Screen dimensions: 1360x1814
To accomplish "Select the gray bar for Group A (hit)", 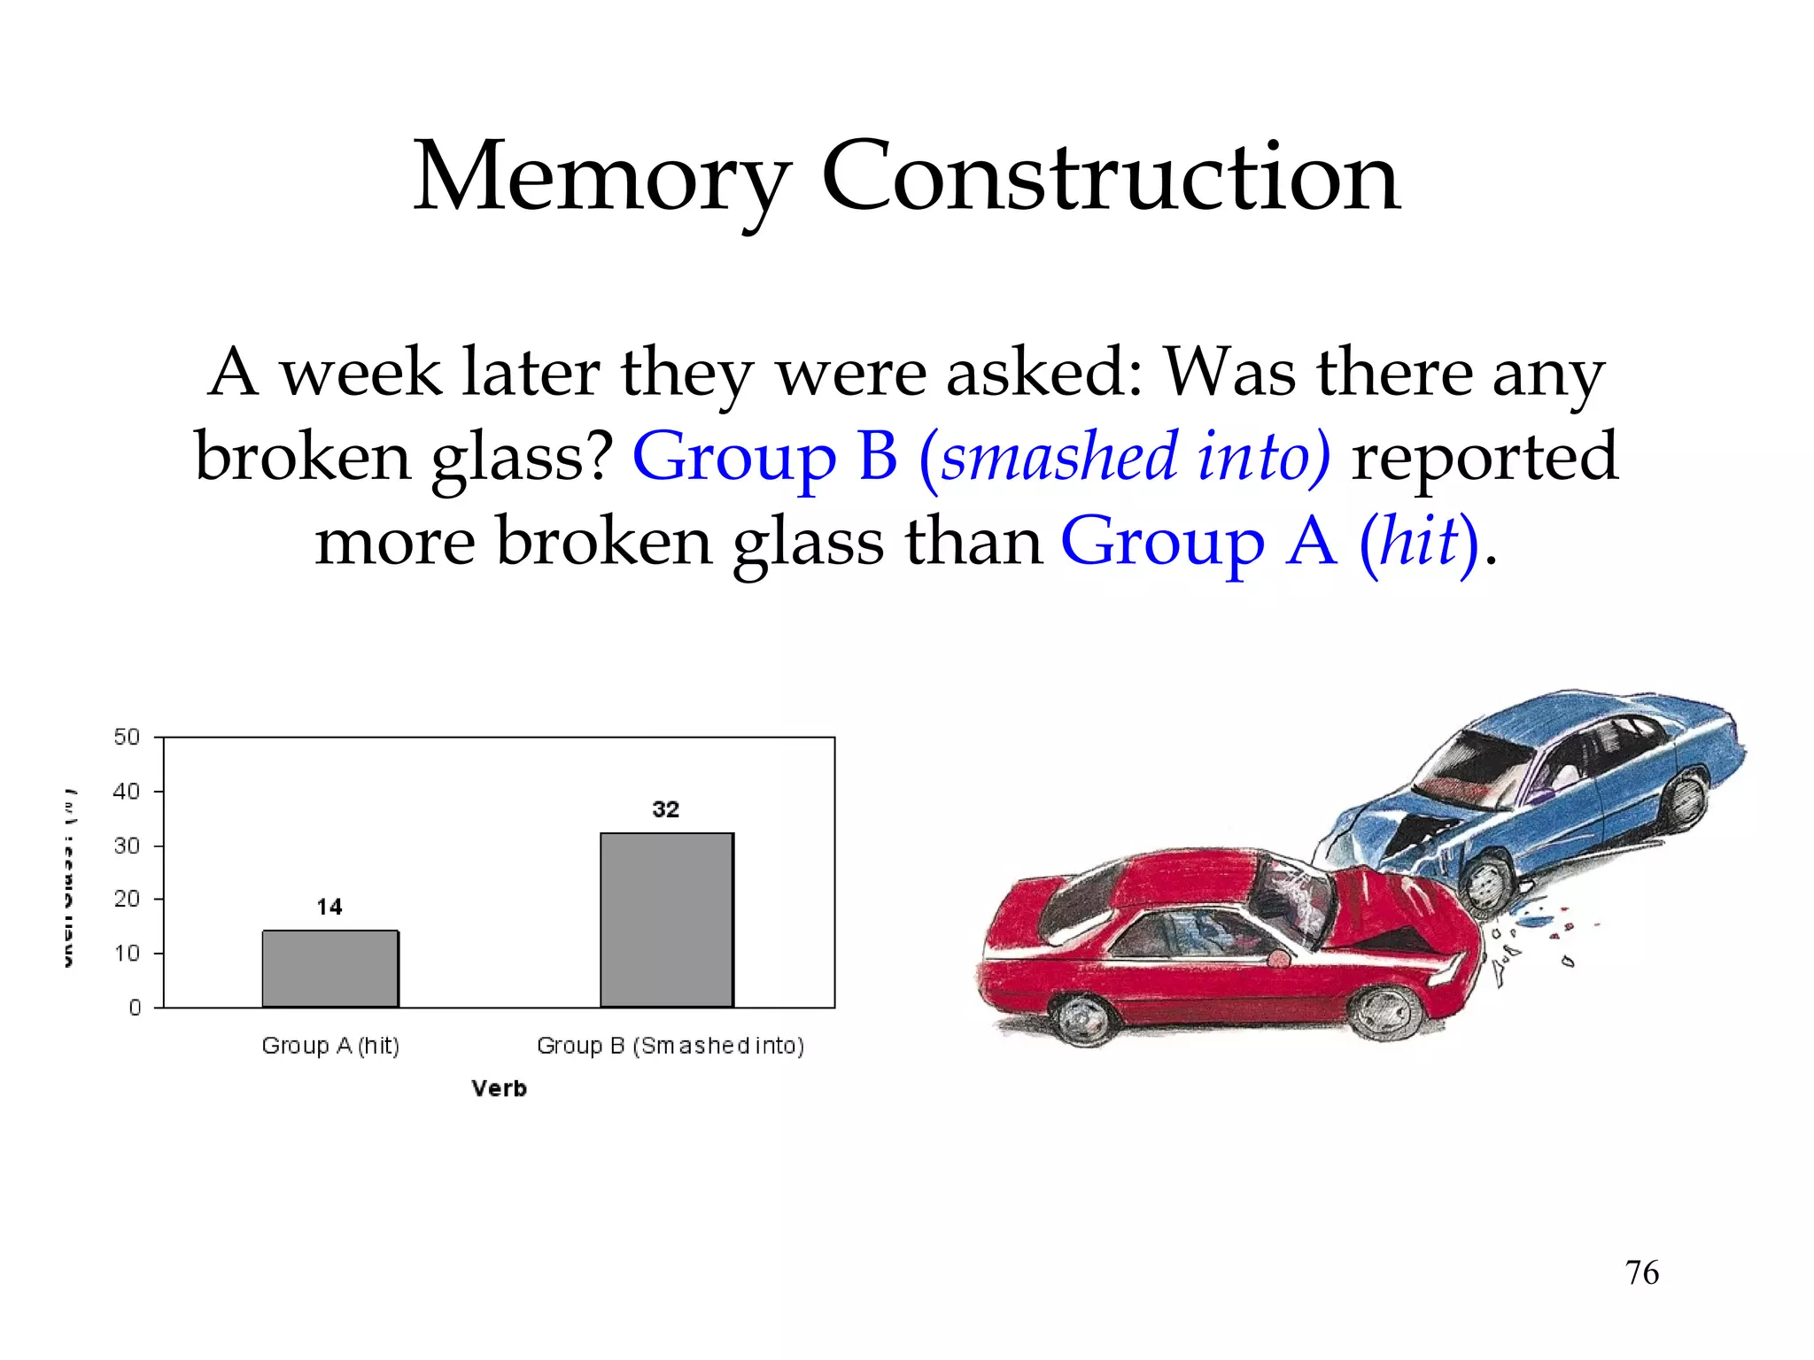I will [330, 969].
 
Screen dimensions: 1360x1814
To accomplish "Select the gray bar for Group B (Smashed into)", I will [667, 920].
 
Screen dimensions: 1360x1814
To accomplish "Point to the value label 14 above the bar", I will [329, 907].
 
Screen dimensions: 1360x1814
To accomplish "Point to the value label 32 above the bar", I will [666, 809].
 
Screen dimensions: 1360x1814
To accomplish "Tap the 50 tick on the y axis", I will [128, 737].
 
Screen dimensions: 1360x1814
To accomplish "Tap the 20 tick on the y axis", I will [128, 899].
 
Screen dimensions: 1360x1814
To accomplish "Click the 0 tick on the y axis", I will [135, 1008].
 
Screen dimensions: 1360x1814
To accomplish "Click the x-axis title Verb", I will [499, 1088].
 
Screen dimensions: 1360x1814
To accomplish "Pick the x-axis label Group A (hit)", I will [330, 1046].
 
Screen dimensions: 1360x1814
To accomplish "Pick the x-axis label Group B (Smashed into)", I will [671, 1046].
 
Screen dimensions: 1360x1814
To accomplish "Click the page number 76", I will [1641, 1272].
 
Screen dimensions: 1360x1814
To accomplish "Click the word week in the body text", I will [360, 373].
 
